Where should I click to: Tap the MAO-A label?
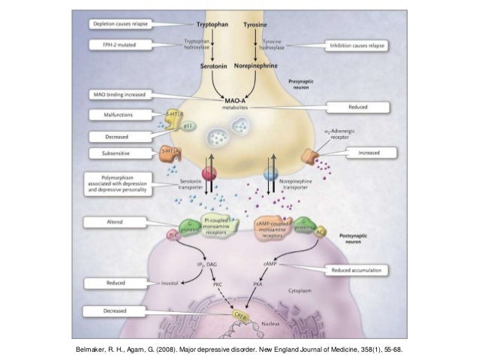[236, 98]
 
